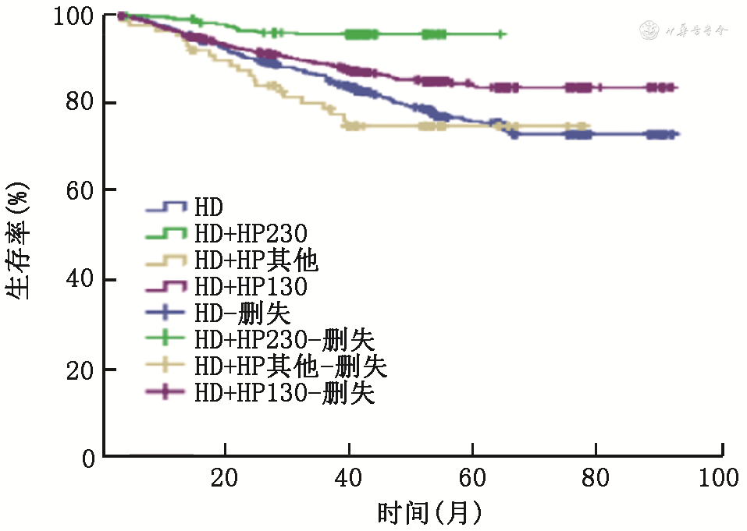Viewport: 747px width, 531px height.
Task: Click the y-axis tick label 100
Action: point(74,16)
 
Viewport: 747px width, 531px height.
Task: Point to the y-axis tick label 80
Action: point(80,103)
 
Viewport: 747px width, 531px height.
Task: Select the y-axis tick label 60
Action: point(80,190)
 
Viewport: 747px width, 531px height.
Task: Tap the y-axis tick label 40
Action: point(80,279)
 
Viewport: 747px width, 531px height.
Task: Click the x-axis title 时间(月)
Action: point(429,512)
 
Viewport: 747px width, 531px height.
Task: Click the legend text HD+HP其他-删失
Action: point(290,366)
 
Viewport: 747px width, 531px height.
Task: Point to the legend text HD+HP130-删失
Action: point(285,393)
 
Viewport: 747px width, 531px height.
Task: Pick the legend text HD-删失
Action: point(243,313)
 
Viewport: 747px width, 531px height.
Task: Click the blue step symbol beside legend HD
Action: point(166,207)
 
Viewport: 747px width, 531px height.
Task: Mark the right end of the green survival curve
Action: point(505,34)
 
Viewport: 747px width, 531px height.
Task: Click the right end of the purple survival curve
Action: point(676,88)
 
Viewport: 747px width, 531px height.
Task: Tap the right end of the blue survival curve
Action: point(678,135)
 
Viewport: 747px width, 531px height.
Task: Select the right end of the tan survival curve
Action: point(589,126)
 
